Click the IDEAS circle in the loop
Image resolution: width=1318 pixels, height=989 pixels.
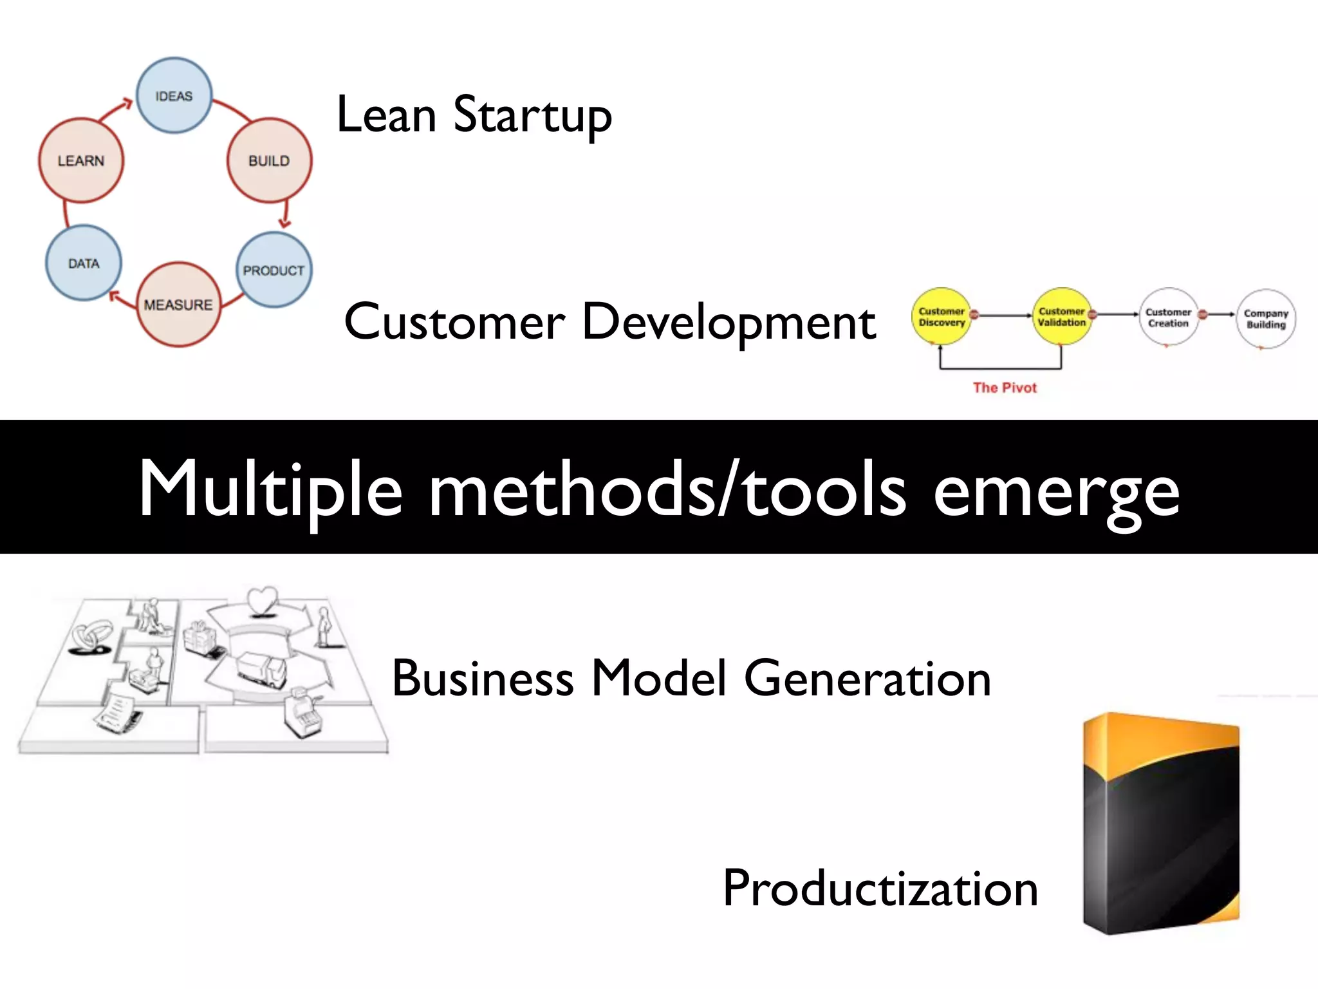pyautogui.click(x=174, y=96)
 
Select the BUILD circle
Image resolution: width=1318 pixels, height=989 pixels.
pyautogui.click(x=269, y=160)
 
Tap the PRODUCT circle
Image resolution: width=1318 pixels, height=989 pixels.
pyautogui.click(x=274, y=270)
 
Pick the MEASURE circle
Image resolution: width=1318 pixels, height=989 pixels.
pyautogui.click(x=178, y=305)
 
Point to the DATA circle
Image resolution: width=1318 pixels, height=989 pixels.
pyautogui.click(x=84, y=263)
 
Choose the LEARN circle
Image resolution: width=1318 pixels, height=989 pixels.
pyautogui.click(x=81, y=160)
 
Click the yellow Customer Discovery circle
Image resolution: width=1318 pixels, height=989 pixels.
pyautogui.click(x=941, y=317)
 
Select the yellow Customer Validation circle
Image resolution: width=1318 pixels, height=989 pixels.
pyautogui.click(x=1061, y=317)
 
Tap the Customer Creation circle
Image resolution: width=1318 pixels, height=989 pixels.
pyautogui.click(x=1168, y=317)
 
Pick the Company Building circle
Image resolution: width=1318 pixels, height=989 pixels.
pyautogui.click(x=1266, y=319)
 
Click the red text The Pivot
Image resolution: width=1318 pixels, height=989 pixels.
pyautogui.click(x=1005, y=388)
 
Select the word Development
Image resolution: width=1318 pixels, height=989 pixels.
pyautogui.click(x=728, y=322)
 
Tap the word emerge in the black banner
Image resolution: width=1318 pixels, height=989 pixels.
pyautogui.click(x=1056, y=491)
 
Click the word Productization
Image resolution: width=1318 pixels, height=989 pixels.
pyautogui.click(x=880, y=889)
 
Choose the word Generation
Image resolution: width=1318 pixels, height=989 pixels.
pyautogui.click(x=868, y=679)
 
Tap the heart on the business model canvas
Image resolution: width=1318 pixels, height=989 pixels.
pyautogui.click(x=262, y=601)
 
